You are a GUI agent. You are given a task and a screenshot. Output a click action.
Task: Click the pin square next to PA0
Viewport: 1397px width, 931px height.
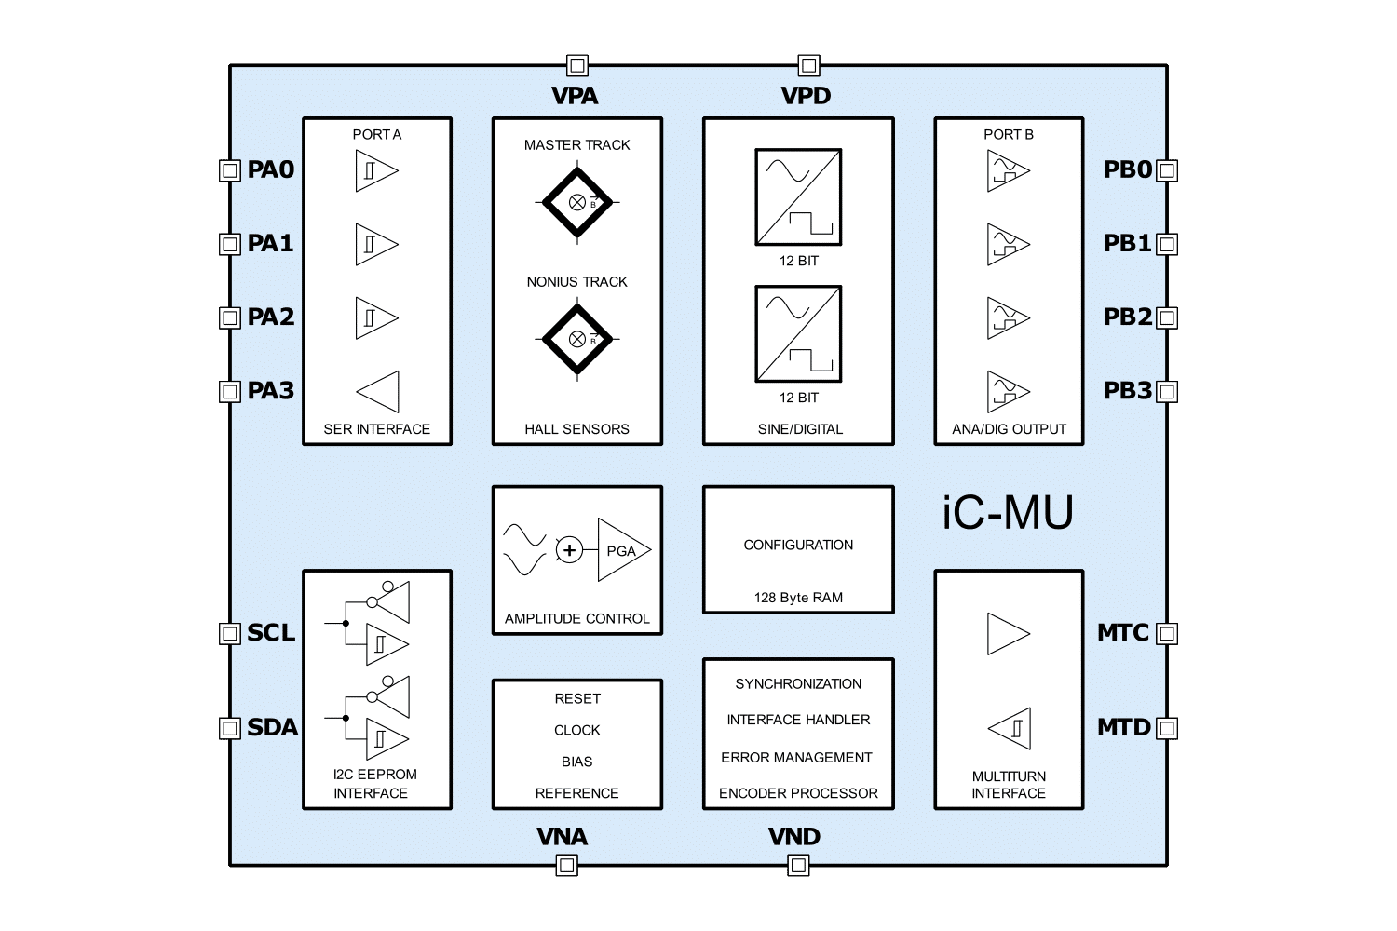[x=230, y=170]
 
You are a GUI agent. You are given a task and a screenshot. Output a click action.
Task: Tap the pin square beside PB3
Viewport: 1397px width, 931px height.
[x=1167, y=391]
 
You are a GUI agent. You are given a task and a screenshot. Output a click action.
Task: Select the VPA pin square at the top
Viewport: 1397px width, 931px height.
[x=577, y=65]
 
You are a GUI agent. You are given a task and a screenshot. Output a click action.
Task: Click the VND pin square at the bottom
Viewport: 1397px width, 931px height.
[x=798, y=866]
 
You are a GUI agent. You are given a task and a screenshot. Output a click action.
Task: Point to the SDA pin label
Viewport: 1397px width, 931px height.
[x=272, y=727]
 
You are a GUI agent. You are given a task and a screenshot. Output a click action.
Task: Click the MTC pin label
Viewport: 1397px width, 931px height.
[x=1123, y=633]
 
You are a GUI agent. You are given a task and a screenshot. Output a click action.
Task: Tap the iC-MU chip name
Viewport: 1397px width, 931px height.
[x=1008, y=512]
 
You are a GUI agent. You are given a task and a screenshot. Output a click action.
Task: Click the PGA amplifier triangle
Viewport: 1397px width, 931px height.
[x=622, y=550]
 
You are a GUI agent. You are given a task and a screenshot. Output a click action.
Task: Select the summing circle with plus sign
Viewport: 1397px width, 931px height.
[x=569, y=550]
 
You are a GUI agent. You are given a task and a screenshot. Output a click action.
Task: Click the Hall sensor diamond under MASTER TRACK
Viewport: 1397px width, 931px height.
[x=577, y=201]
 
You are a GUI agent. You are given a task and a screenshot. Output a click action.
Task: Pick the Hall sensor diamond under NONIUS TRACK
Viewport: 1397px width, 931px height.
[x=577, y=339]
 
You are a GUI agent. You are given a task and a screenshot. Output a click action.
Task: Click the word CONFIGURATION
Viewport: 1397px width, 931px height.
[x=798, y=545]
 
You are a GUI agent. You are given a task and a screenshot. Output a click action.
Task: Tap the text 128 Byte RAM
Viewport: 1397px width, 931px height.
[x=798, y=598]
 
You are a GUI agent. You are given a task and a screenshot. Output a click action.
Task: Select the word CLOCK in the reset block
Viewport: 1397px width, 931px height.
[x=577, y=730]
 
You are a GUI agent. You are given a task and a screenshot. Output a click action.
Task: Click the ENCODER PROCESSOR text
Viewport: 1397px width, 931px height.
[x=798, y=793]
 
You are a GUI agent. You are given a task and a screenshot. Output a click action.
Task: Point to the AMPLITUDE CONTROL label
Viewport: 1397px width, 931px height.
[x=577, y=618]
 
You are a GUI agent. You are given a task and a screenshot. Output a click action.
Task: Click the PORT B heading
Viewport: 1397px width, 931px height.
[x=1009, y=134]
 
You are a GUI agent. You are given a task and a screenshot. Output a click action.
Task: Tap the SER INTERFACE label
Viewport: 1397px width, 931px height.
[x=377, y=429]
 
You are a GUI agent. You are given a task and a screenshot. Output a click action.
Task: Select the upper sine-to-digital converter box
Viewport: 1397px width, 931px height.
[x=798, y=197]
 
